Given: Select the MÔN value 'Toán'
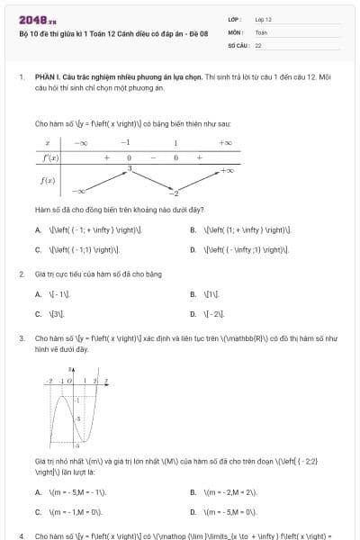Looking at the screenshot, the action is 261,31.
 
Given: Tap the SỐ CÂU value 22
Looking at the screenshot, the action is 258,44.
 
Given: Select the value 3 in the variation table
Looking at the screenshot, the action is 129,168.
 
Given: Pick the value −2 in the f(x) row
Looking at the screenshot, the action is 176,193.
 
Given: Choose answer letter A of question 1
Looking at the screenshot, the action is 38,229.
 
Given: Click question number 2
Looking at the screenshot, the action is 21,273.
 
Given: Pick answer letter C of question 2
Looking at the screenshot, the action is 38,314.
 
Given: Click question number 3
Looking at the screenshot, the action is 21,338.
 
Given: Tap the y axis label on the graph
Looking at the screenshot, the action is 70,370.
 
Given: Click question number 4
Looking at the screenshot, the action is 21,535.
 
